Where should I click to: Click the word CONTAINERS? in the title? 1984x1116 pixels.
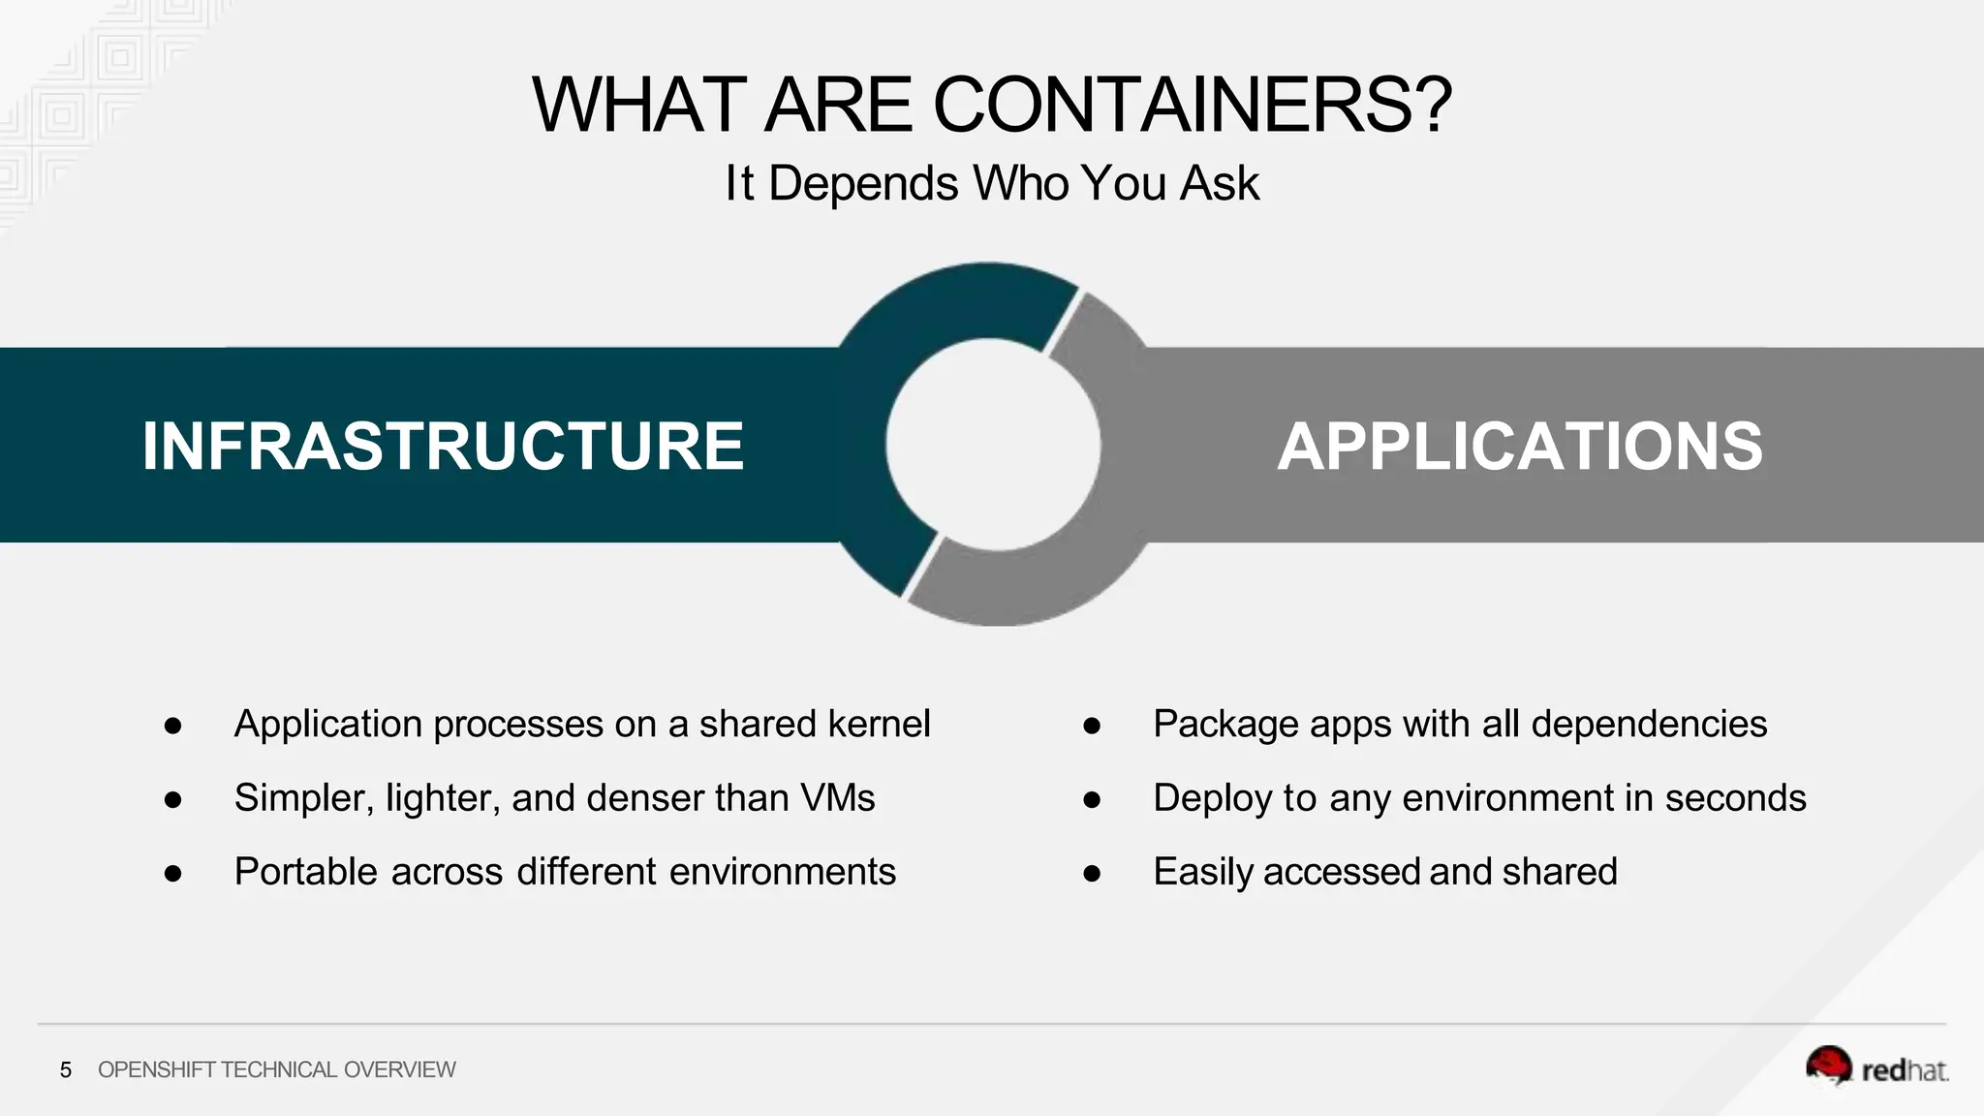coord(1192,105)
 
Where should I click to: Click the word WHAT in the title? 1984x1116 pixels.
coord(638,105)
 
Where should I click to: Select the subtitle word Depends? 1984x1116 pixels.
coord(863,183)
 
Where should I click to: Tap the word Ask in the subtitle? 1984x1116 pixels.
coord(1220,183)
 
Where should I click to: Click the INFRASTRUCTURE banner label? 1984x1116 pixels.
coord(443,447)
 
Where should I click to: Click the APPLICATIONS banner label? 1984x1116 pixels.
coord(1519,447)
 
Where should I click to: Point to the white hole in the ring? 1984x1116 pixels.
coord(992,445)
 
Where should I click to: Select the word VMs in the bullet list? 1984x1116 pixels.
coord(837,797)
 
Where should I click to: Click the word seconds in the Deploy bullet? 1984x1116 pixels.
coord(1735,797)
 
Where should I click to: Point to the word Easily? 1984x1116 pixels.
coord(1203,872)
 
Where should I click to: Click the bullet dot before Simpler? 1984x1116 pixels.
coord(173,799)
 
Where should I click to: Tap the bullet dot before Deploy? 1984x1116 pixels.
coord(1092,799)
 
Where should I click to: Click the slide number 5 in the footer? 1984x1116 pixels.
coord(66,1069)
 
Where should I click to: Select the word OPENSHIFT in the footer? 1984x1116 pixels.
coord(156,1069)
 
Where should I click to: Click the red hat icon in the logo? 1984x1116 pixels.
coord(1828,1066)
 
